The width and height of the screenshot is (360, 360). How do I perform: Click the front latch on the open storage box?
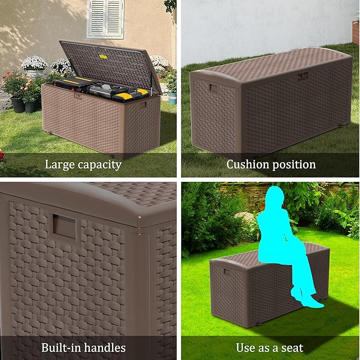78,95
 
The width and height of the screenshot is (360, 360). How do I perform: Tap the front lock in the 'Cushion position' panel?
303,76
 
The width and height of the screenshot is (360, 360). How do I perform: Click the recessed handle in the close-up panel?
63,227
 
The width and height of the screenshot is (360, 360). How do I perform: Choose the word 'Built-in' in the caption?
60,348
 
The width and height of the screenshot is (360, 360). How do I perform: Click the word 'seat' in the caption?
292,348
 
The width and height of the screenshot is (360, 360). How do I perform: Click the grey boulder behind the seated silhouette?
245,217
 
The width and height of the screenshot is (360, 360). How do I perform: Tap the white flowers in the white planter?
34,64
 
